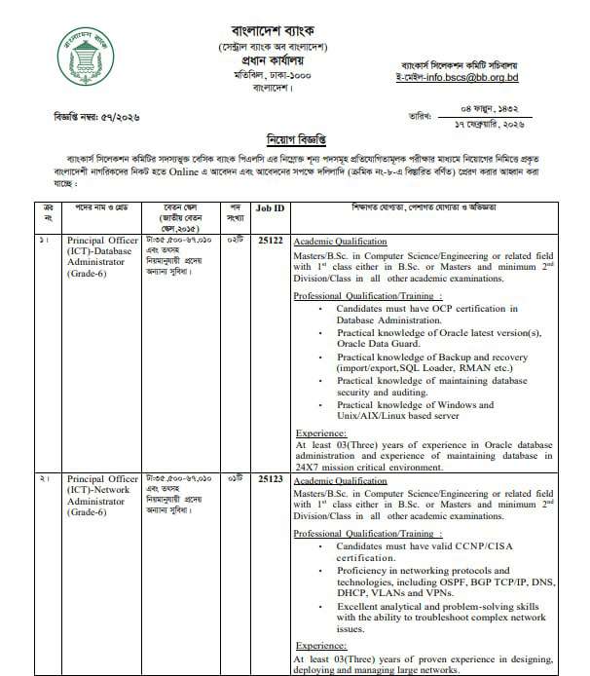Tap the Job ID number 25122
click(270, 239)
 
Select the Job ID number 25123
click(270, 480)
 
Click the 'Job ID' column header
click(270, 209)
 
